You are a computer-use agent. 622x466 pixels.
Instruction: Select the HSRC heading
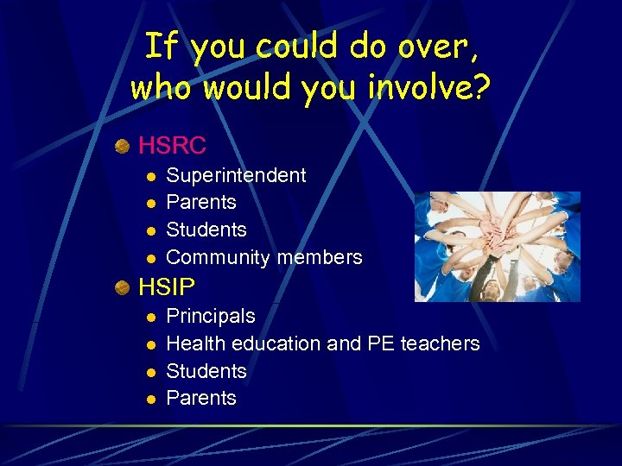[172, 144]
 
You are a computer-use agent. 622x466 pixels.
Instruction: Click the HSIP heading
[167, 286]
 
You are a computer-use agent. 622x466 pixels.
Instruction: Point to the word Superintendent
[236, 175]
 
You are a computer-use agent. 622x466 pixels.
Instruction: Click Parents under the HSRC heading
[200, 202]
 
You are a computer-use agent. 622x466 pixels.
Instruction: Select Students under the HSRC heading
[206, 230]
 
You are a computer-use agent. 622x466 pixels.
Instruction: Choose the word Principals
[210, 316]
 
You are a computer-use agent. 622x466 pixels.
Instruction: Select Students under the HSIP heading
[206, 371]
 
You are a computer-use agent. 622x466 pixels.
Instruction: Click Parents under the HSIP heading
[200, 398]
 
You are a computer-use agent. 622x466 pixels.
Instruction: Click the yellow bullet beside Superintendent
[149, 176]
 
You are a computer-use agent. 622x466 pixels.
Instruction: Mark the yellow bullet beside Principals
[149, 317]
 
